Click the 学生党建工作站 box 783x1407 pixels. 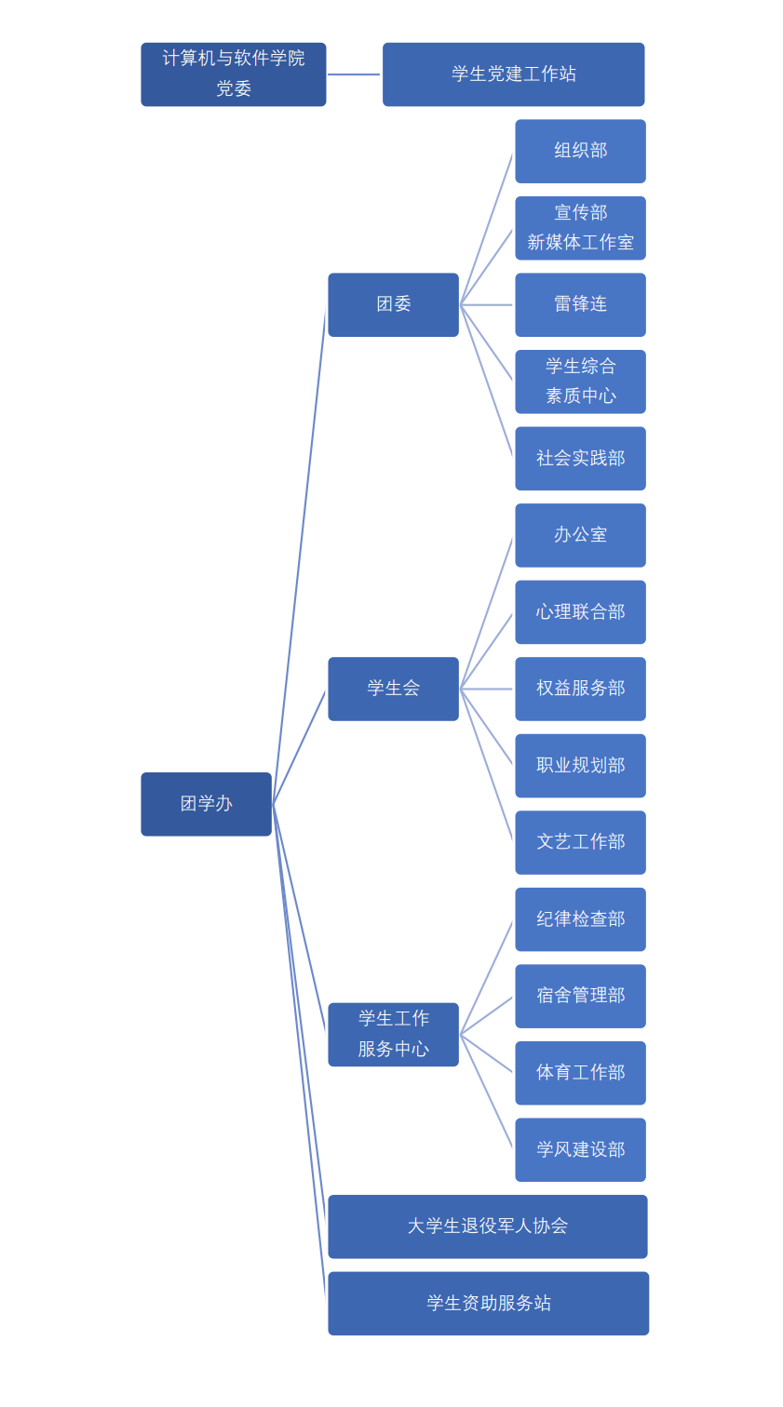(x=513, y=74)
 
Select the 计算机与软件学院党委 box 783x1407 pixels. (x=233, y=74)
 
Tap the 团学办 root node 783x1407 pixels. (x=206, y=804)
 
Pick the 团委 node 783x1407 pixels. (x=393, y=304)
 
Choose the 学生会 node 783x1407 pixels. (x=393, y=689)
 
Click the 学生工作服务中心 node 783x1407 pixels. (x=393, y=1034)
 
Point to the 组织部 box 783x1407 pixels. (x=580, y=151)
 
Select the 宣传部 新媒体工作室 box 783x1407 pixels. (x=580, y=228)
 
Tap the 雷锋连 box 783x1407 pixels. (x=580, y=304)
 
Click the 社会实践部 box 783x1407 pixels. (x=580, y=458)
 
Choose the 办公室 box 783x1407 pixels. (x=580, y=535)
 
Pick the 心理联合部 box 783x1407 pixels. (x=580, y=611)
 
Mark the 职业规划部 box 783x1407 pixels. (x=580, y=765)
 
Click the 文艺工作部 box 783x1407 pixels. (x=580, y=842)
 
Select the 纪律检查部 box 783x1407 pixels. (x=580, y=919)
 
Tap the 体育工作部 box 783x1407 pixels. (x=580, y=1073)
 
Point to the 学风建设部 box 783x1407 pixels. (x=580, y=1149)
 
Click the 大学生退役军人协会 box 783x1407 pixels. (x=487, y=1226)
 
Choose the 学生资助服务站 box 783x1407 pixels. (x=488, y=1303)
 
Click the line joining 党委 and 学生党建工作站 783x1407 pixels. (x=354, y=74)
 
